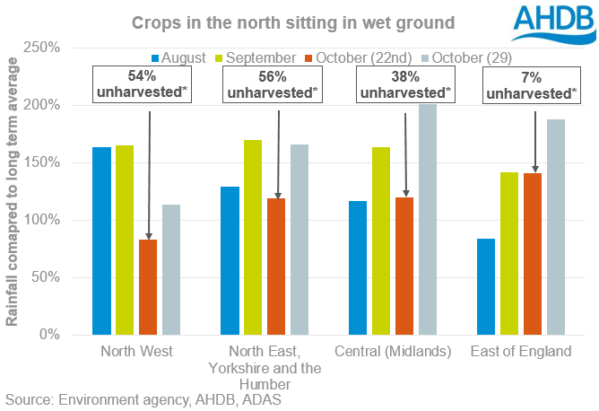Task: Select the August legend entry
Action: (170, 57)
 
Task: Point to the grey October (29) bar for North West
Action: (170, 269)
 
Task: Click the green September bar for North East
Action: (253, 237)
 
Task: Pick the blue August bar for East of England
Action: (485, 286)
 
